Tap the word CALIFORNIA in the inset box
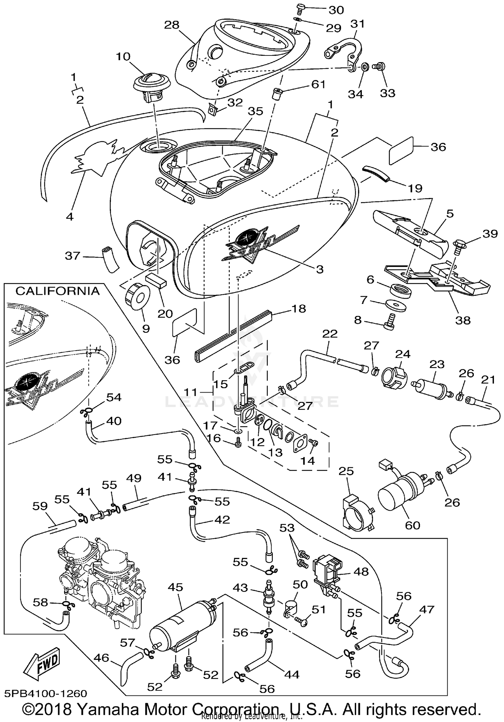click(x=57, y=291)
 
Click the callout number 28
click(x=172, y=25)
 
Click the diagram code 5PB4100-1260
click(x=46, y=693)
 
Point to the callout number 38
click(x=463, y=320)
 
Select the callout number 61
click(x=318, y=84)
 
